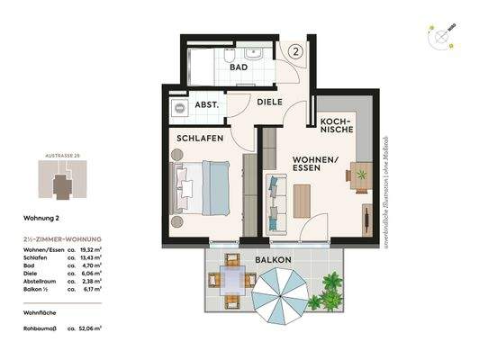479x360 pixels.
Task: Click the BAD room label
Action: tap(239, 67)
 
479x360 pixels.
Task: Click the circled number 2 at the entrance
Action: tap(298, 51)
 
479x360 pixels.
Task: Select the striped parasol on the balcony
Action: tap(280, 301)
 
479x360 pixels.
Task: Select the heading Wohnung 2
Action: tap(41, 218)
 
